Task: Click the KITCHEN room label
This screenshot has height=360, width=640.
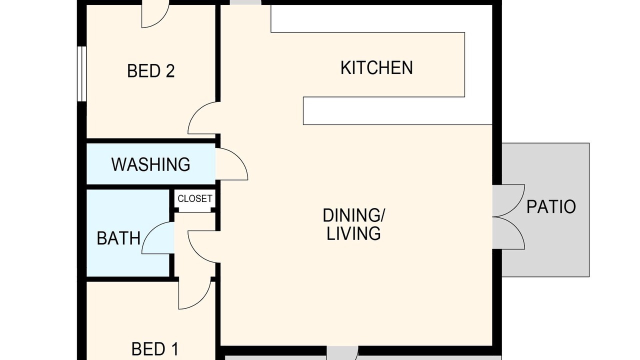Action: tap(376, 68)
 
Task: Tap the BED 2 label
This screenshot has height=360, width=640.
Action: tap(151, 71)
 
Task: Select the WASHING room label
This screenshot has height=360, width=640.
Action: tap(150, 164)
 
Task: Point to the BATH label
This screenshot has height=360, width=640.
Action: tap(118, 238)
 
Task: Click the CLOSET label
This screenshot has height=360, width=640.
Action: tap(195, 198)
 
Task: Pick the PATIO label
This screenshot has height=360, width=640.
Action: tap(551, 207)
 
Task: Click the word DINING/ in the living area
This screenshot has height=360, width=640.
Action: tap(353, 215)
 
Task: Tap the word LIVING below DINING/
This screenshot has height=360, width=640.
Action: tap(353, 233)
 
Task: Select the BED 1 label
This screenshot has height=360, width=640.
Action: tap(155, 349)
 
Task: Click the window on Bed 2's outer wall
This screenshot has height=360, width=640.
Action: tap(81, 73)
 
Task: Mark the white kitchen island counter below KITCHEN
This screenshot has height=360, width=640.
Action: tap(397, 111)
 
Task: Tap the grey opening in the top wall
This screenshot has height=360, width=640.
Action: tap(245, 2)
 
